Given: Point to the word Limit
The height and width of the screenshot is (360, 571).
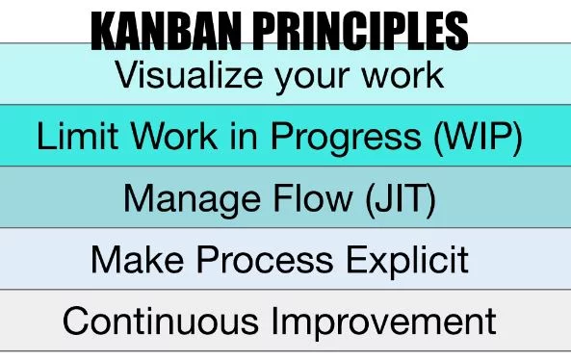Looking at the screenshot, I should click(73, 137).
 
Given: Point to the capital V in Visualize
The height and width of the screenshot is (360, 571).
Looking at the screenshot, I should click(127, 73).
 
